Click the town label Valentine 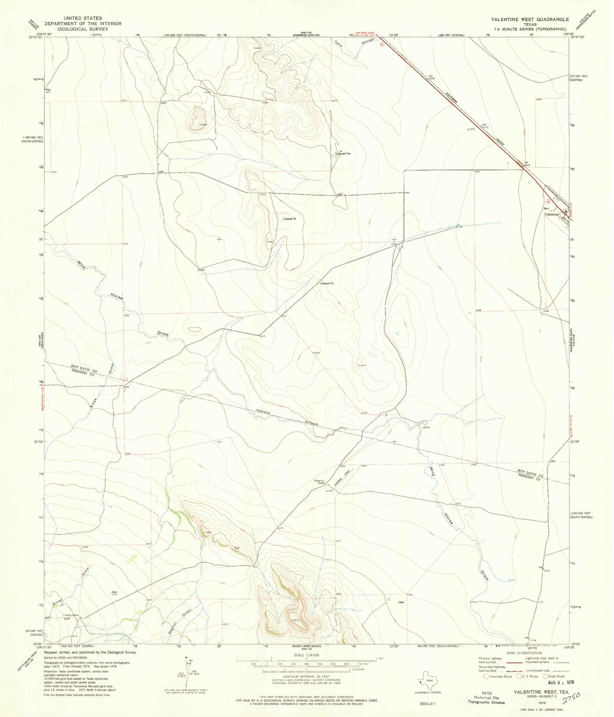(x=551, y=215)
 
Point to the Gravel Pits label (x=344, y=154)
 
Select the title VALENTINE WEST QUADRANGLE (x=531, y=20)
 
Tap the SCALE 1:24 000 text (x=307, y=655)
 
